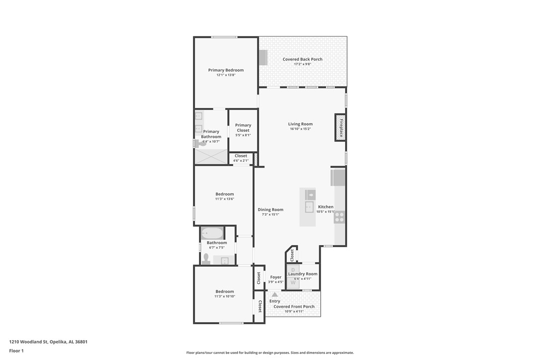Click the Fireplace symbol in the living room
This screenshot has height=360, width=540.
[341, 127]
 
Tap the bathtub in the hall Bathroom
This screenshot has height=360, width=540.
[212, 233]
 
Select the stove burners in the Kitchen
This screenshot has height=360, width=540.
[340, 217]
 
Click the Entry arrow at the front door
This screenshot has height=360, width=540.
[274, 294]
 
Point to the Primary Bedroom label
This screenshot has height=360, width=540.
[226, 70]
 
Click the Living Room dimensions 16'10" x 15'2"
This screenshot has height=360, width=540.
[300, 129]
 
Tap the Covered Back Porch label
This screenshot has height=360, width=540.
[302, 59]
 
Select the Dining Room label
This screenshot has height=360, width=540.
[270, 209]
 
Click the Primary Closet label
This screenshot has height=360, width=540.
[243, 128]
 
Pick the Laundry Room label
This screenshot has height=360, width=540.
[302, 274]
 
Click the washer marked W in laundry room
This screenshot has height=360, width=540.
[292, 282]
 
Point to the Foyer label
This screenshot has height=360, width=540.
[275, 277]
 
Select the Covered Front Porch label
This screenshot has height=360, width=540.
[294, 306]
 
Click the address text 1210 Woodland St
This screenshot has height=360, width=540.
[48, 342]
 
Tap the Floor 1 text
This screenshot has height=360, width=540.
[16, 351]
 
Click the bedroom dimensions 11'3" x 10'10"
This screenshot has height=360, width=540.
[225, 296]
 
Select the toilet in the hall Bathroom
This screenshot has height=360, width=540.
[206, 258]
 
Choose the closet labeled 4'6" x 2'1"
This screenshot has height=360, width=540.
[241, 158]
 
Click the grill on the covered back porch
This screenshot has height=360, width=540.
[263, 57]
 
